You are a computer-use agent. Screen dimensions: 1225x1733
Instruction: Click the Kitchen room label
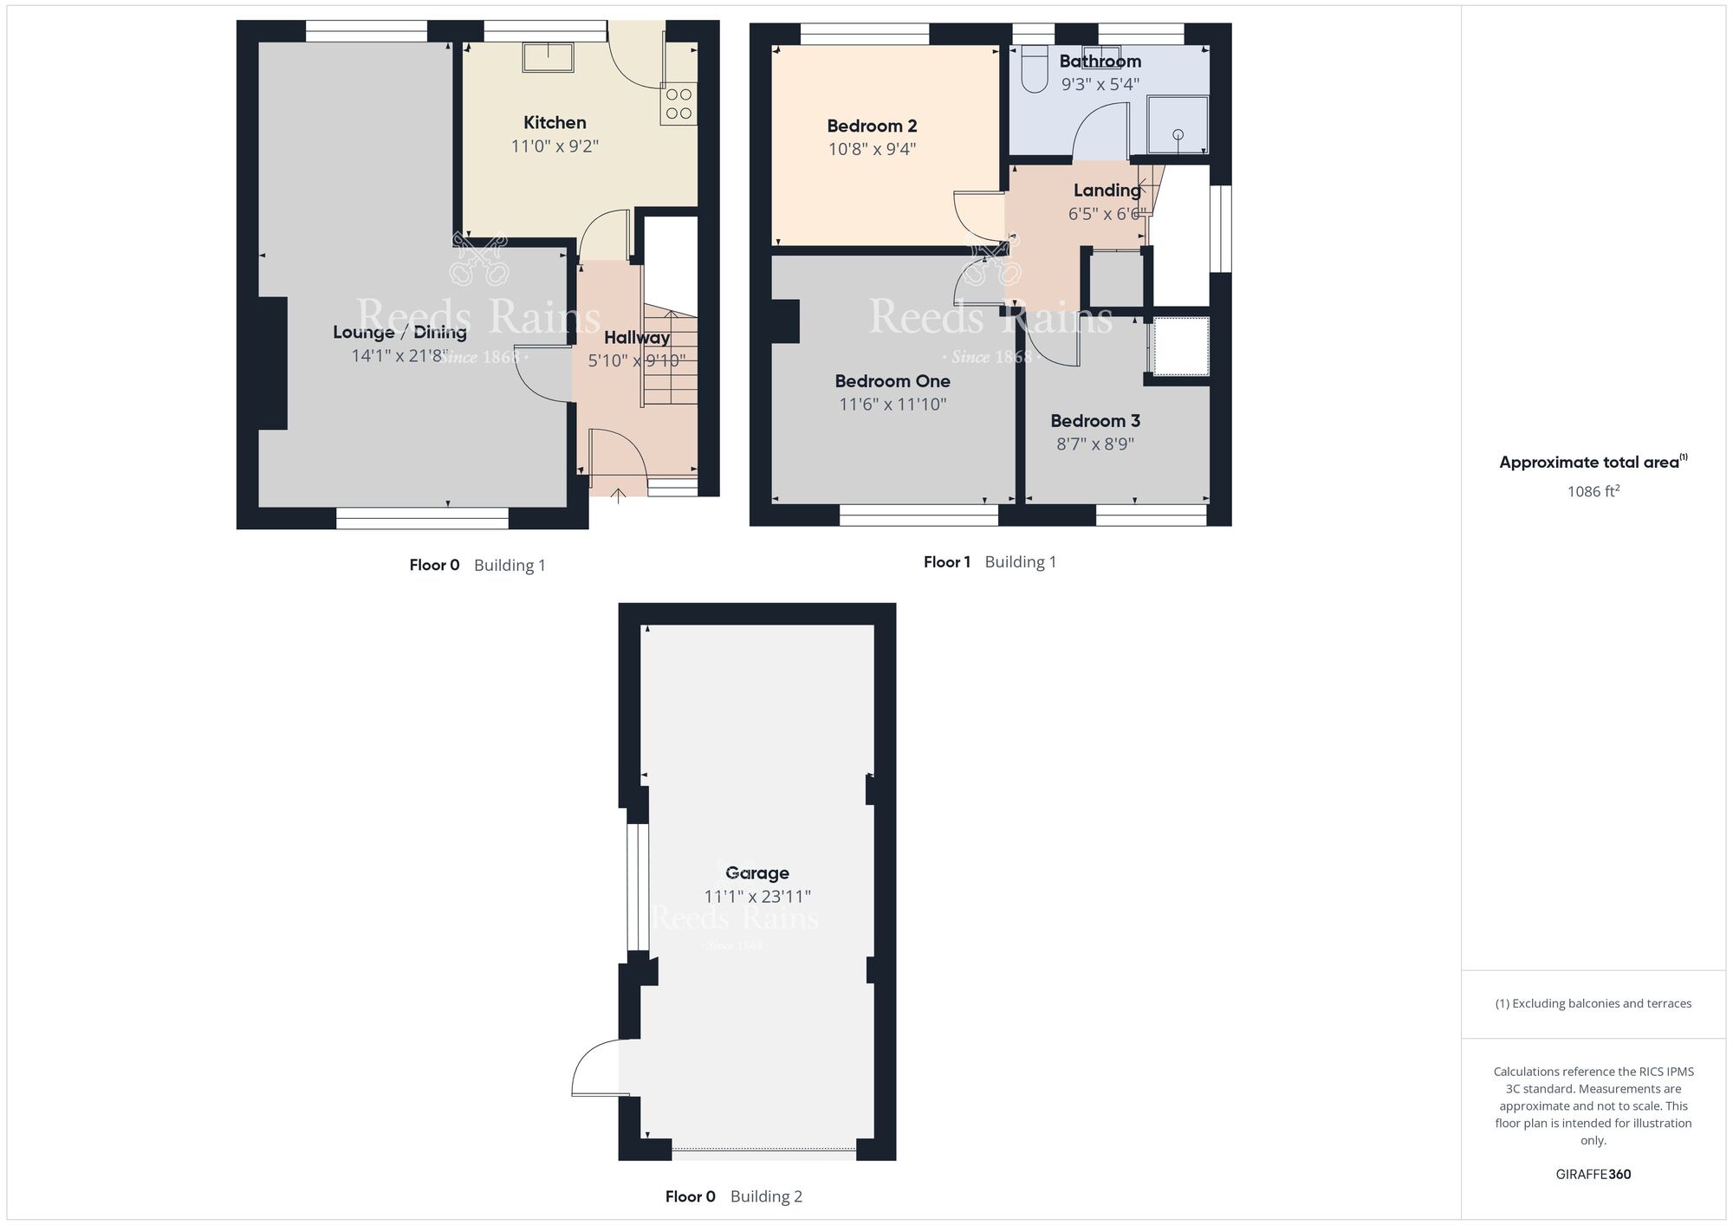click(555, 123)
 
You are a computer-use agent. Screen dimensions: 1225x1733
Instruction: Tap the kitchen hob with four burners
click(678, 104)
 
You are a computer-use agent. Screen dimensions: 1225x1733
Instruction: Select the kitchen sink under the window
click(548, 57)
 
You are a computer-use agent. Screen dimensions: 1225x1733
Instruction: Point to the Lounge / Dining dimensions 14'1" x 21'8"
click(399, 355)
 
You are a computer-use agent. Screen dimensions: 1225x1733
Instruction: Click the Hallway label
click(637, 338)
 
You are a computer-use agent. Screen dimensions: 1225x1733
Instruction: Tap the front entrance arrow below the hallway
click(618, 496)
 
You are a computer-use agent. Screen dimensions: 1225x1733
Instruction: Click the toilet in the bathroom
click(1034, 69)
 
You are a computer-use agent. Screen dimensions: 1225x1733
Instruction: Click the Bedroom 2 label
click(872, 126)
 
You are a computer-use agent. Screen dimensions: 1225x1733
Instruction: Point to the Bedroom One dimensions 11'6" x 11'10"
click(892, 404)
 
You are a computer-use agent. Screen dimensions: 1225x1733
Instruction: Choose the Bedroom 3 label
click(1095, 421)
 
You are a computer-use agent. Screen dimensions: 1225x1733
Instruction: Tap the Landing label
click(1107, 191)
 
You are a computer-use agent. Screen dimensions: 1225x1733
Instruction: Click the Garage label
click(757, 873)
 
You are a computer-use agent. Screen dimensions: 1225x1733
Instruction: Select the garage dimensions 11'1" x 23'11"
click(757, 897)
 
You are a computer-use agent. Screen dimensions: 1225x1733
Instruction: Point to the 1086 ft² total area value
click(1593, 492)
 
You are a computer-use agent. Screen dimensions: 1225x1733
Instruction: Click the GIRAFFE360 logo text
click(1593, 1175)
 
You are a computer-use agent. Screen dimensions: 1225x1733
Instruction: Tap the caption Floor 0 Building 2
click(733, 1196)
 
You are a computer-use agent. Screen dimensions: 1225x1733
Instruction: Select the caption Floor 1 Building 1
click(990, 562)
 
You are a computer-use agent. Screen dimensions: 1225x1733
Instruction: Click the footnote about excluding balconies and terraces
click(1593, 1003)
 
